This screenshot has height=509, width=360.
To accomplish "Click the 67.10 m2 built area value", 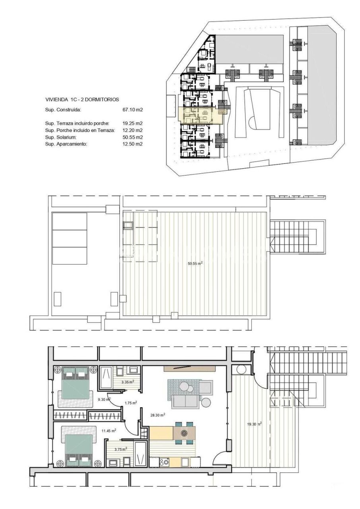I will pyautogui.click(x=133, y=109).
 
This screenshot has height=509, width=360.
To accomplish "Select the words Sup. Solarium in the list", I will pyautogui.click(x=59, y=137).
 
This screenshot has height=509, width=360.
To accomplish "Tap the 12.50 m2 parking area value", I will pyautogui.click(x=133, y=144).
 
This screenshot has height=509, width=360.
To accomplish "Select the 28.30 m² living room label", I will pyautogui.click(x=158, y=414).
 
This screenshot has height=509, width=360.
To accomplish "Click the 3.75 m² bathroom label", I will pyautogui.click(x=121, y=449).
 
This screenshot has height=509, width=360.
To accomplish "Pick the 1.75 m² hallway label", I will pyautogui.click(x=130, y=403).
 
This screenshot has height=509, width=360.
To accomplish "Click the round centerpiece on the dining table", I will pyautogui.click(x=184, y=433).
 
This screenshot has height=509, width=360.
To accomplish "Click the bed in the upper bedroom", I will pyautogui.click(x=76, y=383).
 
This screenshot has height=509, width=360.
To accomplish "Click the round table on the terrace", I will pyautogui.click(x=241, y=369).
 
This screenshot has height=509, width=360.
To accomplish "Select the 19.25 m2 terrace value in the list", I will pyautogui.click(x=133, y=123).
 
